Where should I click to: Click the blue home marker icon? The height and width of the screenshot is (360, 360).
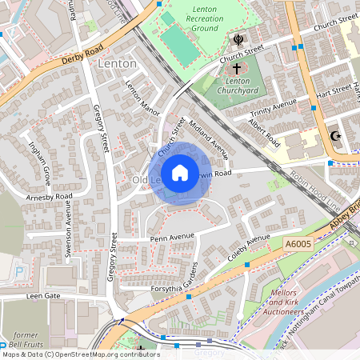pos(180,173)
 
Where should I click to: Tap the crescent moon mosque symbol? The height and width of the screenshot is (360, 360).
pos(337,136)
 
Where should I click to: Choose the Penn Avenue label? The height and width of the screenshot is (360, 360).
pos(149,238)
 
